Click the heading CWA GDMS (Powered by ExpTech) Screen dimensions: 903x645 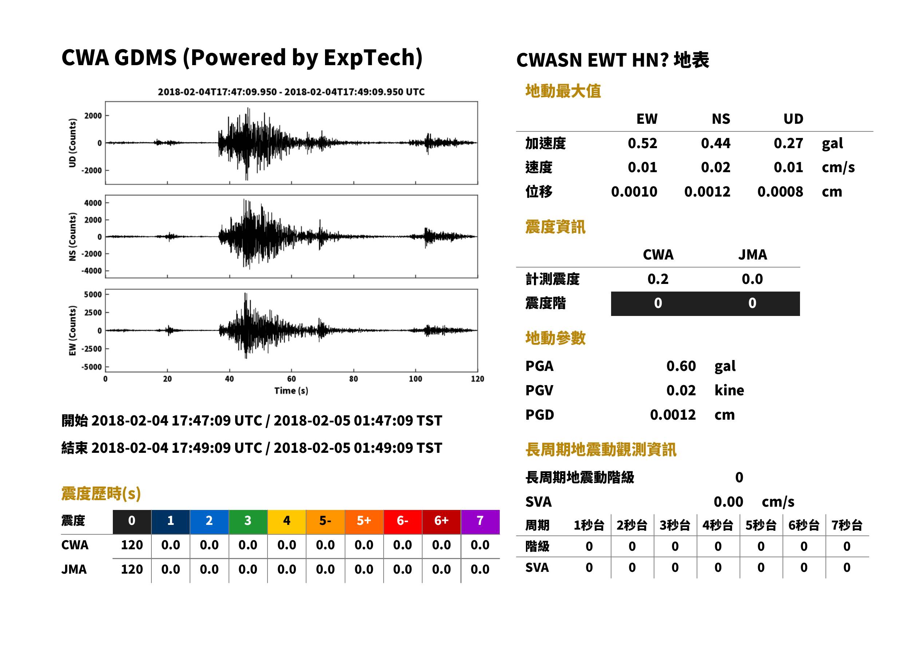(242, 58)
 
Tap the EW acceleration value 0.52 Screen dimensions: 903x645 (642, 143)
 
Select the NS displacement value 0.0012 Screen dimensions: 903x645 (707, 192)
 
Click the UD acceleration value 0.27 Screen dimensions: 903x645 (788, 143)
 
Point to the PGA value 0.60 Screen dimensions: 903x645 (681, 366)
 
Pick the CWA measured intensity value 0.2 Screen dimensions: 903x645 (658, 279)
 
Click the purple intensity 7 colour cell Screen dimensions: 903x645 (480, 522)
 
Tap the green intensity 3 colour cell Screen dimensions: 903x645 (248, 522)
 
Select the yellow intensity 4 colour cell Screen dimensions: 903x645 (287, 522)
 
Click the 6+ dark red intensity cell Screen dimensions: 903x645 (441, 522)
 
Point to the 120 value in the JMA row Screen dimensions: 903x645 (132, 570)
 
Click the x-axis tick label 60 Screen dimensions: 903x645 (291, 379)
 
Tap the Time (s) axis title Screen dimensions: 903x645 (291, 391)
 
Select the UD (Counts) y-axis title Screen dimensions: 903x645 (72, 143)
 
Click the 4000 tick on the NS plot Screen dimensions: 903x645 (93, 203)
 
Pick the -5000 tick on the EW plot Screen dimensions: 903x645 (92, 367)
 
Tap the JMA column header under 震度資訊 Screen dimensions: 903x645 (753, 254)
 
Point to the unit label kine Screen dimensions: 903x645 (729, 391)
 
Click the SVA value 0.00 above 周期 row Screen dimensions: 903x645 (728, 502)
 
